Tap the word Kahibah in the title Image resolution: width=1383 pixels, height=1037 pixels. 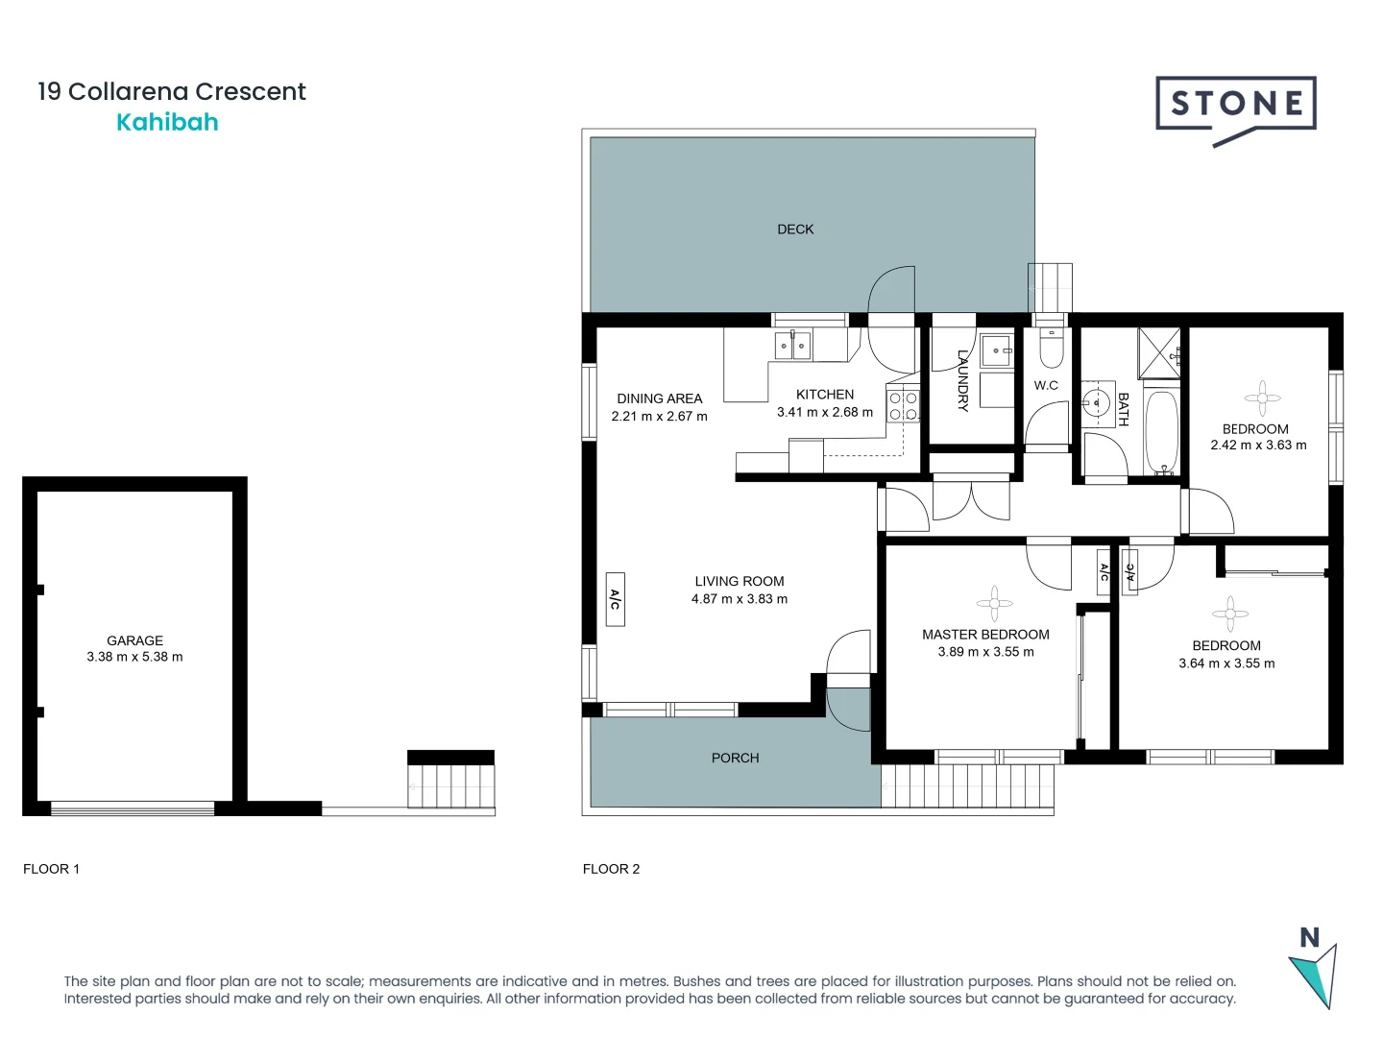click(167, 123)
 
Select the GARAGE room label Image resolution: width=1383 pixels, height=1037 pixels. click(134, 640)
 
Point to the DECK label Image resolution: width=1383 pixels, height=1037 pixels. click(795, 229)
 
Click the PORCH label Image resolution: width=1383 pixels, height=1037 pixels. click(735, 758)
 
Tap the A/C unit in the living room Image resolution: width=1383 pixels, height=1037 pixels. click(616, 599)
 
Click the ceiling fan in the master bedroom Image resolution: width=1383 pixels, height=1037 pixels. click(994, 603)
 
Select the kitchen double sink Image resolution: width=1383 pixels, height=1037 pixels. click(793, 345)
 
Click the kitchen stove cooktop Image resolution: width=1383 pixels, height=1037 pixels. click(904, 406)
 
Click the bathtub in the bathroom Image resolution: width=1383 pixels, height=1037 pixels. click(1161, 431)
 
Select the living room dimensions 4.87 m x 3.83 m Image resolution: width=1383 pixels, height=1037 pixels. click(739, 599)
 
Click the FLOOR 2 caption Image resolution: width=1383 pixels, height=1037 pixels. click(611, 869)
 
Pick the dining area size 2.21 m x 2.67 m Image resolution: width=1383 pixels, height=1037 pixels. click(659, 417)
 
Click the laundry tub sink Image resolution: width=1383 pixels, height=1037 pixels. click(996, 350)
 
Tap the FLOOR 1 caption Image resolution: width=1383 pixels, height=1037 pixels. click(51, 869)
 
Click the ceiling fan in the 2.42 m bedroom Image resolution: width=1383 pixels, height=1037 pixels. click(1262, 398)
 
